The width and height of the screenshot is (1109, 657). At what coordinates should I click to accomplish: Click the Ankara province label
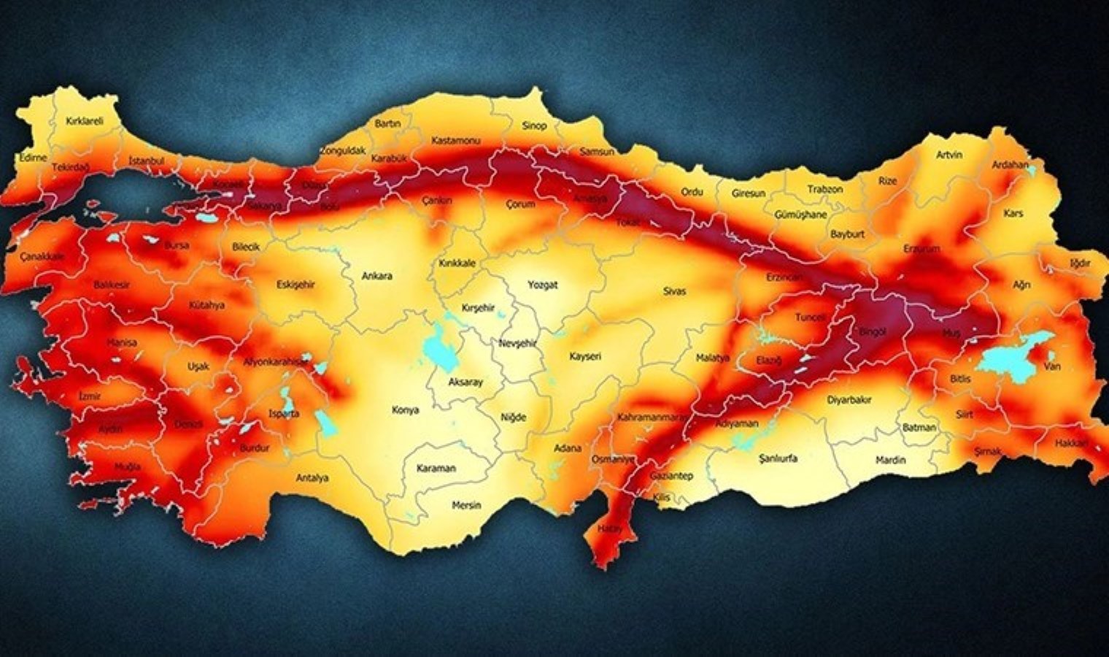tap(376, 276)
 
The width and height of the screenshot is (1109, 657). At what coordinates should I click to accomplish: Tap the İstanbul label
tap(146, 161)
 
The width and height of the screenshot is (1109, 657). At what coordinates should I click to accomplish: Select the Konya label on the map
tap(405, 410)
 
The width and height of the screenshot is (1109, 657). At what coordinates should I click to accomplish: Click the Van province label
tap(1051, 366)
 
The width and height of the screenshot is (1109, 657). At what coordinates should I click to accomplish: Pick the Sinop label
tap(533, 126)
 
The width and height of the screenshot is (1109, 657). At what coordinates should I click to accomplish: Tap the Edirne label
tap(33, 158)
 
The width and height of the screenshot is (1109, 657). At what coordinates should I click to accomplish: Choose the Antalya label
tap(312, 478)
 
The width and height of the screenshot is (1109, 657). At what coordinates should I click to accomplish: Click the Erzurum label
tap(921, 249)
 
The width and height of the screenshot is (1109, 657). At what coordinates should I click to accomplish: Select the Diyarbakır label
tap(849, 400)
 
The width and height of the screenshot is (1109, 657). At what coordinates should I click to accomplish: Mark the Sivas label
tap(674, 291)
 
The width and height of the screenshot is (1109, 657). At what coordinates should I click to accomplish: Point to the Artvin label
tap(949, 155)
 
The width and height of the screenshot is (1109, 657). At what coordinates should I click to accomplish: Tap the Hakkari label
tap(1071, 443)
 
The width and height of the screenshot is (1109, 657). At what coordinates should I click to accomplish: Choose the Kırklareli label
tap(84, 121)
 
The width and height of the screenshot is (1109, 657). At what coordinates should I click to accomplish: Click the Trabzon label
tap(824, 189)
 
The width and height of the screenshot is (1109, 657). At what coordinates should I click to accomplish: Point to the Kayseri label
tap(585, 356)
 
